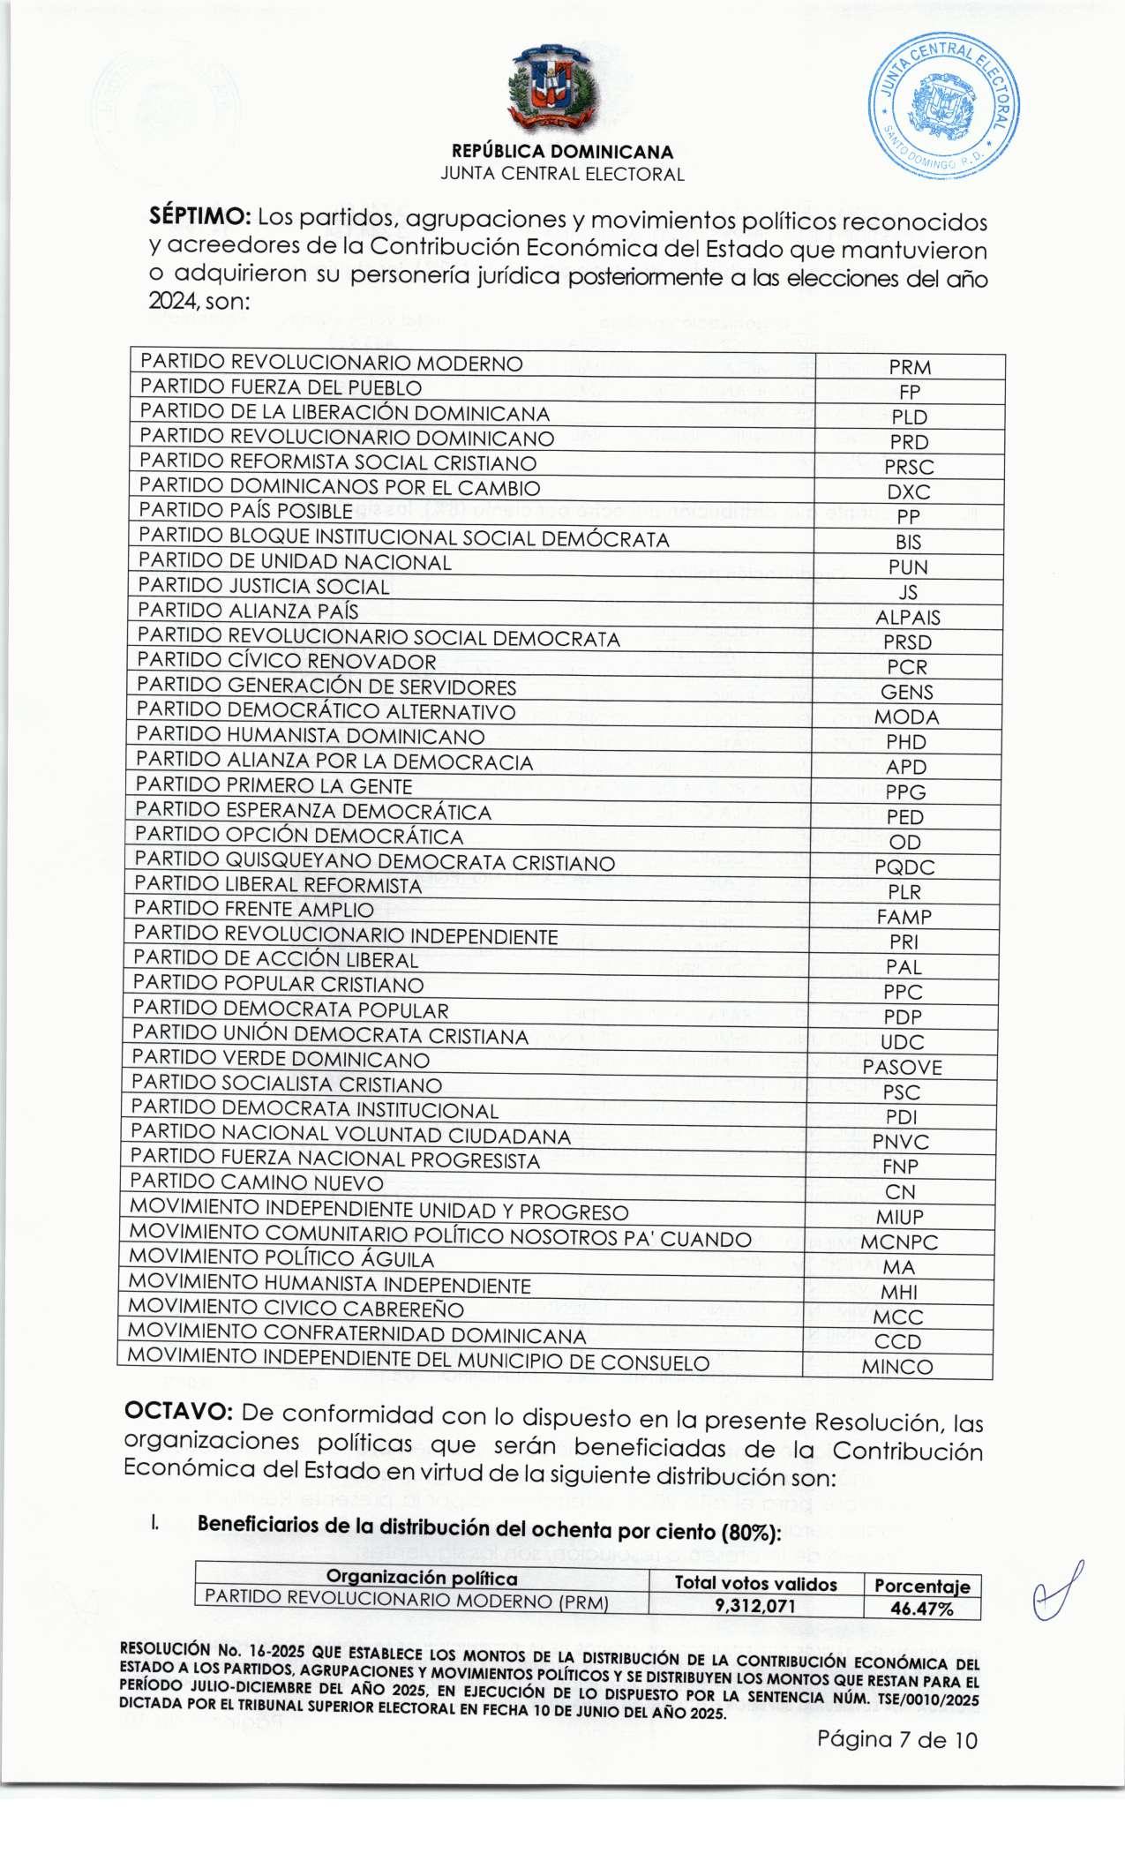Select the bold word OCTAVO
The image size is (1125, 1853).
tap(178, 1412)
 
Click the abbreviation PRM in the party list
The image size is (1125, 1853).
tap(911, 367)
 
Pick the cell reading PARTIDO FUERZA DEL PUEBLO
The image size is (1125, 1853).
tap(281, 387)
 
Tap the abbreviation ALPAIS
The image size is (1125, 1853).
tap(908, 618)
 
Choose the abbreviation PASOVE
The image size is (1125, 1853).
tap(903, 1067)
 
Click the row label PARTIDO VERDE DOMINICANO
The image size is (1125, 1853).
tap(281, 1059)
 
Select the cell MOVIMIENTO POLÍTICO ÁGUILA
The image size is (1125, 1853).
tap(281, 1259)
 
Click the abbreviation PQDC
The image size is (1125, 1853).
tap(904, 867)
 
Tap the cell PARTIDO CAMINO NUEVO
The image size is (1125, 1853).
tap(257, 1183)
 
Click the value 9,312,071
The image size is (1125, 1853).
tap(755, 1607)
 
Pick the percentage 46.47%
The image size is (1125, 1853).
tap(922, 1608)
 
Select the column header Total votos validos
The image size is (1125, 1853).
tap(755, 1584)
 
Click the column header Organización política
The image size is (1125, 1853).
tap(422, 1578)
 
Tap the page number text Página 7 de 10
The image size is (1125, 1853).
tap(897, 1739)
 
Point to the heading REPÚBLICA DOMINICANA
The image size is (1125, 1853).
tap(562, 151)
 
